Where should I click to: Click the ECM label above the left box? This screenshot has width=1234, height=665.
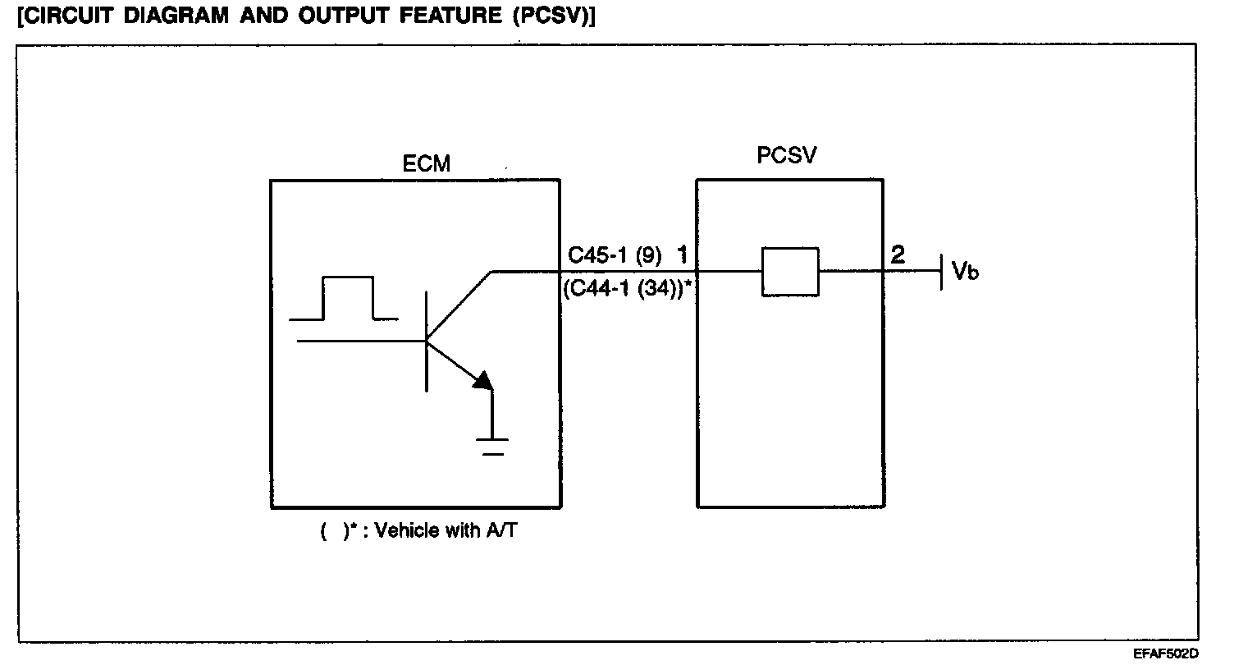click(x=427, y=163)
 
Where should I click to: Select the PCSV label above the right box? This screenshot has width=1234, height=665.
click(x=787, y=155)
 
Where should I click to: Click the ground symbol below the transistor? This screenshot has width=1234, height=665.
click(x=492, y=445)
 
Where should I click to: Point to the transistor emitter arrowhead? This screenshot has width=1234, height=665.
click(x=484, y=380)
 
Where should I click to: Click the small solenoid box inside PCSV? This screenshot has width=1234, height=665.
click(x=790, y=271)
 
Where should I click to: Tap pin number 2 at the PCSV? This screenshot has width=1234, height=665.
click(x=898, y=255)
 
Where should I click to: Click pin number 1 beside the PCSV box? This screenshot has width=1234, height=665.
click(x=682, y=255)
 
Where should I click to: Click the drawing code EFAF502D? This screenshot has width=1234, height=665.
click(x=1166, y=654)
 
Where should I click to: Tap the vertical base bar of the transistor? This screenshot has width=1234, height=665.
click(x=427, y=341)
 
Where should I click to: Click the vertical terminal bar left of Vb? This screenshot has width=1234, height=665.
click(x=940, y=271)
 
